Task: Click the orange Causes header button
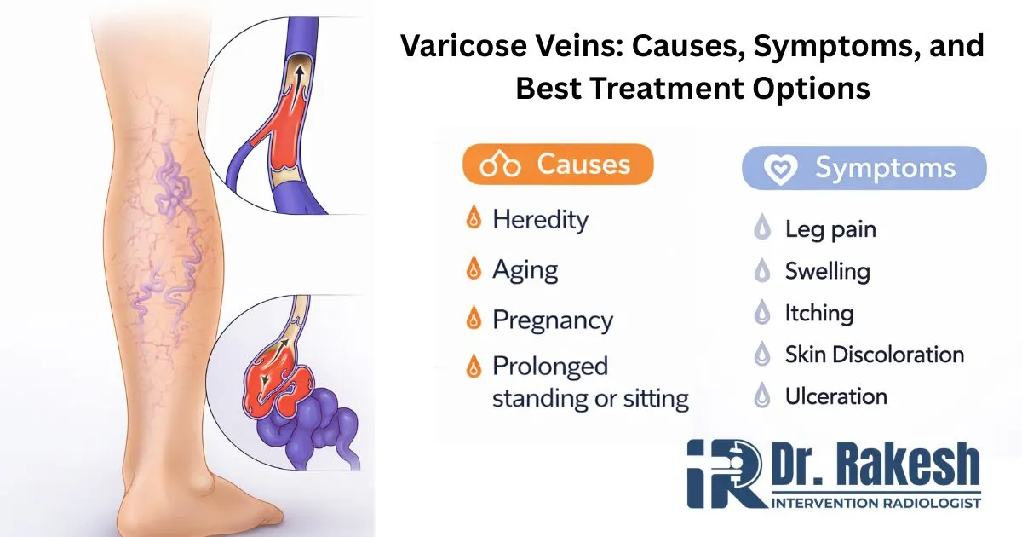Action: pyautogui.click(x=558, y=165)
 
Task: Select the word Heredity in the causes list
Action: pyautogui.click(x=540, y=220)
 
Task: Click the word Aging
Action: pyautogui.click(x=525, y=270)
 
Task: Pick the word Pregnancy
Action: pyautogui.click(x=552, y=320)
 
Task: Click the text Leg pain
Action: pyautogui.click(x=830, y=229)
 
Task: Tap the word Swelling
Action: pyautogui.click(x=827, y=272)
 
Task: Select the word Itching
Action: pyautogui.click(x=818, y=313)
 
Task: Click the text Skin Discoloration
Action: pyautogui.click(x=874, y=355)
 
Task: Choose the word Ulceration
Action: pyautogui.click(x=835, y=396)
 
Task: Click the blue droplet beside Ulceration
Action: pyautogui.click(x=763, y=396)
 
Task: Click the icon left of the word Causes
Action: pyautogui.click(x=500, y=165)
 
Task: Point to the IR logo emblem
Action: pyautogui.click(x=724, y=475)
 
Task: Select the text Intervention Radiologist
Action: pyautogui.click(x=876, y=503)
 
